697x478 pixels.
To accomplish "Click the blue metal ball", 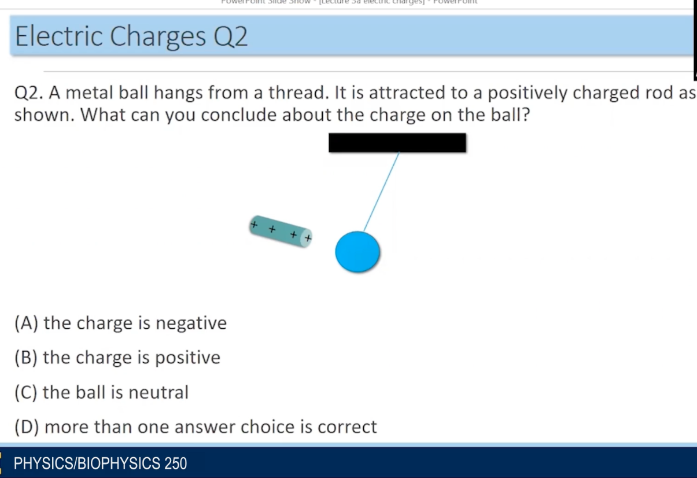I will pyautogui.click(x=357, y=252).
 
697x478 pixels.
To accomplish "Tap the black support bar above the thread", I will pyautogui.click(x=397, y=143).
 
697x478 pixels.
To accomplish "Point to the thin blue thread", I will pyautogui.click(x=382, y=191).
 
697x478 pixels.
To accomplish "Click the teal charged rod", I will pyautogui.click(x=281, y=231).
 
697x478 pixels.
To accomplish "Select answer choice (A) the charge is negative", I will pyautogui.click(x=120, y=323).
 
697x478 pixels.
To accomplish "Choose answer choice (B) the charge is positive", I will pyautogui.click(x=117, y=358).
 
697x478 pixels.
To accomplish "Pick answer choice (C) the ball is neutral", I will pyautogui.click(x=101, y=392).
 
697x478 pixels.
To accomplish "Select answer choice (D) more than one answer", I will pyautogui.click(x=196, y=427).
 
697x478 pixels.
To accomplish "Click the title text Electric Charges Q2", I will pyautogui.click(x=131, y=36).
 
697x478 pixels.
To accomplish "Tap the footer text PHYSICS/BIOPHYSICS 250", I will pyautogui.click(x=100, y=464).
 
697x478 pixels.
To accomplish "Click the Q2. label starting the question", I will pyautogui.click(x=29, y=93).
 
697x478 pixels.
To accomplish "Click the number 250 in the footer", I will pyautogui.click(x=175, y=464).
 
